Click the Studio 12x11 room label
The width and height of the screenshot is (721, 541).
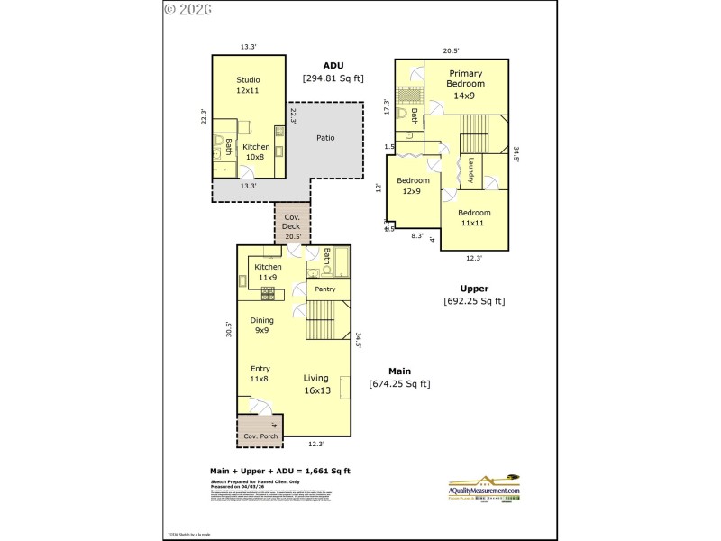point(248,86)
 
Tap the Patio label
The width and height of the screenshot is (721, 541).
point(325,138)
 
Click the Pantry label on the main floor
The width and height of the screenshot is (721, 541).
point(325,289)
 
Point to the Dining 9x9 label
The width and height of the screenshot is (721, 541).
point(261,326)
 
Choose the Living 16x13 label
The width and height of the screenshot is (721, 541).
point(315,385)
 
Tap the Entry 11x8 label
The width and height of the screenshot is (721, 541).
point(260,373)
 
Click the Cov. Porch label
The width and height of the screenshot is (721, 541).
point(260,436)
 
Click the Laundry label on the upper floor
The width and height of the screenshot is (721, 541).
point(470,170)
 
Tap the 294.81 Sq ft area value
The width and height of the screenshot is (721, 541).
point(333,79)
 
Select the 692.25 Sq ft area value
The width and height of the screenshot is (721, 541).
point(474,301)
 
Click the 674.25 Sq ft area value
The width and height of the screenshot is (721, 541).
point(399,384)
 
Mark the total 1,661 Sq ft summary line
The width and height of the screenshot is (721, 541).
point(279,471)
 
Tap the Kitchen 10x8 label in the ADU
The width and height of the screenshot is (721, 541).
point(256,151)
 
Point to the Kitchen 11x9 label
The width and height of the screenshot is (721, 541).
point(268,272)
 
